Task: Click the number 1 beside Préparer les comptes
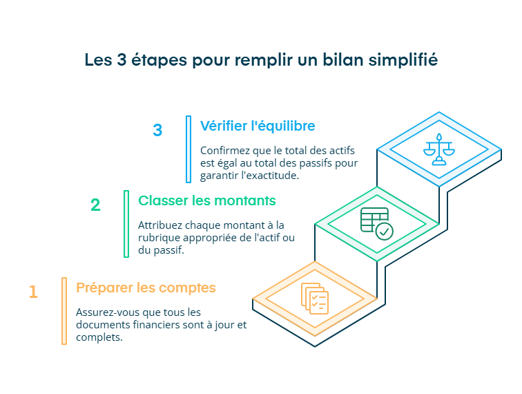coord(33,292)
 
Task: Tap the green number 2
coord(95,205)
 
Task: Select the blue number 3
coord(157,130)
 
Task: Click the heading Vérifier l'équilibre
coord(258,126)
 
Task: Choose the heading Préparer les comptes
coord(146,288)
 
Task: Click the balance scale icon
coord(439,149)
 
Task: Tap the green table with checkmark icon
coord(376,223)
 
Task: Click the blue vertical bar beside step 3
coord(188,149)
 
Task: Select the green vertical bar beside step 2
coord(126,223)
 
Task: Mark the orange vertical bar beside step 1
coord(64,310)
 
